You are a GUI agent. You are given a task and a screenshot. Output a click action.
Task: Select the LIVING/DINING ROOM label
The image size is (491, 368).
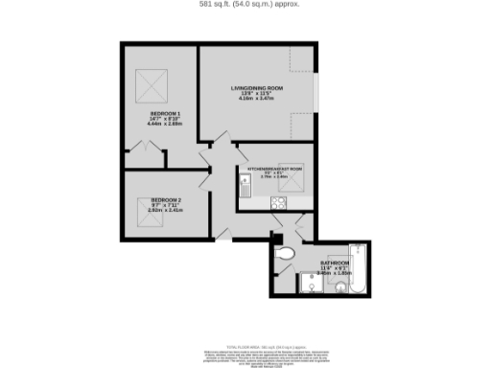[x=259, y=88]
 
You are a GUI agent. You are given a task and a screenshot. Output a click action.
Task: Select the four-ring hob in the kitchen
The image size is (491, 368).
[x=279, y=201]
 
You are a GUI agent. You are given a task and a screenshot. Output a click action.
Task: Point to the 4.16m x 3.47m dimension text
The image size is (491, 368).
[x=259, y=99]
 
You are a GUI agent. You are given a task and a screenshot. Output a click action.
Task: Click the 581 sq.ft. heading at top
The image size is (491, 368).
[x=245, y=6]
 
